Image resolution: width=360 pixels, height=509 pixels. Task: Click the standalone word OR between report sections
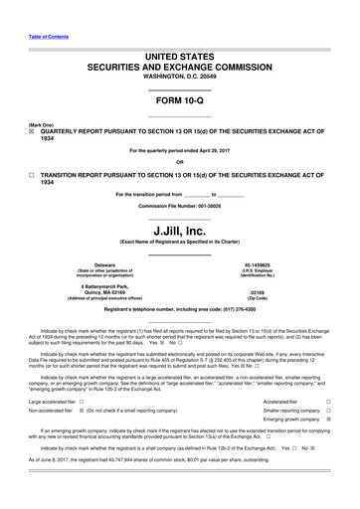pos(179,161)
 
